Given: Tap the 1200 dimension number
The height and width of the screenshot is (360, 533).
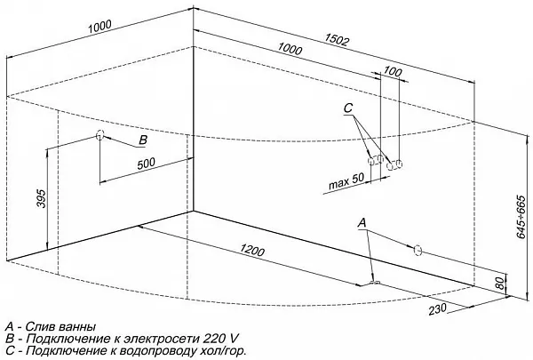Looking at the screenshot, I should pos(253,253).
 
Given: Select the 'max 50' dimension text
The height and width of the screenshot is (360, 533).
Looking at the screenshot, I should pos(346,182).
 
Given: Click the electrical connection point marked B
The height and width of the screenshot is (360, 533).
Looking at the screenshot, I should pos(99,137).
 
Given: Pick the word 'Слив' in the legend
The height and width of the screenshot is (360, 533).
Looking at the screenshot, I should pos(39,326).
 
